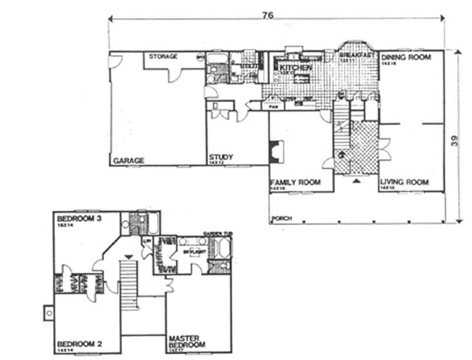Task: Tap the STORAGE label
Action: [163, 57]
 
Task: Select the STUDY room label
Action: [221, 158]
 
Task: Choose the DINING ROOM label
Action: [406, 57]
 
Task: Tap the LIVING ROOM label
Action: [404, 182]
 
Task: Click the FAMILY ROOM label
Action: [295, 182]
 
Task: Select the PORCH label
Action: [281, 219]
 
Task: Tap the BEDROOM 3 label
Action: [76, 218]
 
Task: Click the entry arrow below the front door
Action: [356, 181]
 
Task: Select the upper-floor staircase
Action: [129, 283]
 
